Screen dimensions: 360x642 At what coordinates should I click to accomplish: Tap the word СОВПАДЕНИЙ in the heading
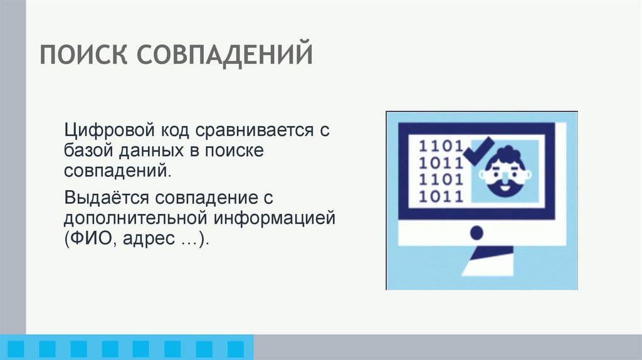(225, 55)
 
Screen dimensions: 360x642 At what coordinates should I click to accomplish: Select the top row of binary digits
(441, 146)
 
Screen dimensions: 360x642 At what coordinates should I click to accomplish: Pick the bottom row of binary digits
(441, 196)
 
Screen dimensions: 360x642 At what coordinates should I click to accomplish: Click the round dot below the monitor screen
(476, 233)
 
